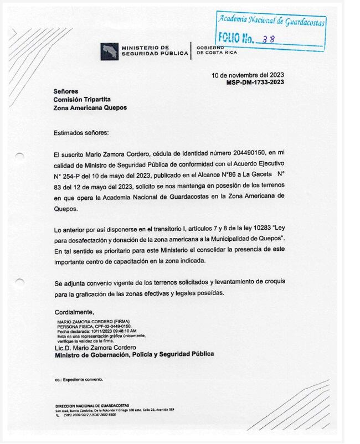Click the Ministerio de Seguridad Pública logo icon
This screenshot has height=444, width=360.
109,51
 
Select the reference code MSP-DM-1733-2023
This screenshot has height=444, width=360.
255,82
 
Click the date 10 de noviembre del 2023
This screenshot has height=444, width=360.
248,75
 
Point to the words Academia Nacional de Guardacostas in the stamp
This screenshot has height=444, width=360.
271,21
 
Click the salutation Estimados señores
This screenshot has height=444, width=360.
81,133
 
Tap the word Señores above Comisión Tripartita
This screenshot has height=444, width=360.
66,91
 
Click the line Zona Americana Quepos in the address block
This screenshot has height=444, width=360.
90,108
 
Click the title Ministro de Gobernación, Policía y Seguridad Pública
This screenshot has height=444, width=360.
134,354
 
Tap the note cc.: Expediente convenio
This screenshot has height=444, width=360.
79,380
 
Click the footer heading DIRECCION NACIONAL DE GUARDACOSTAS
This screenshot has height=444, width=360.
92,405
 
